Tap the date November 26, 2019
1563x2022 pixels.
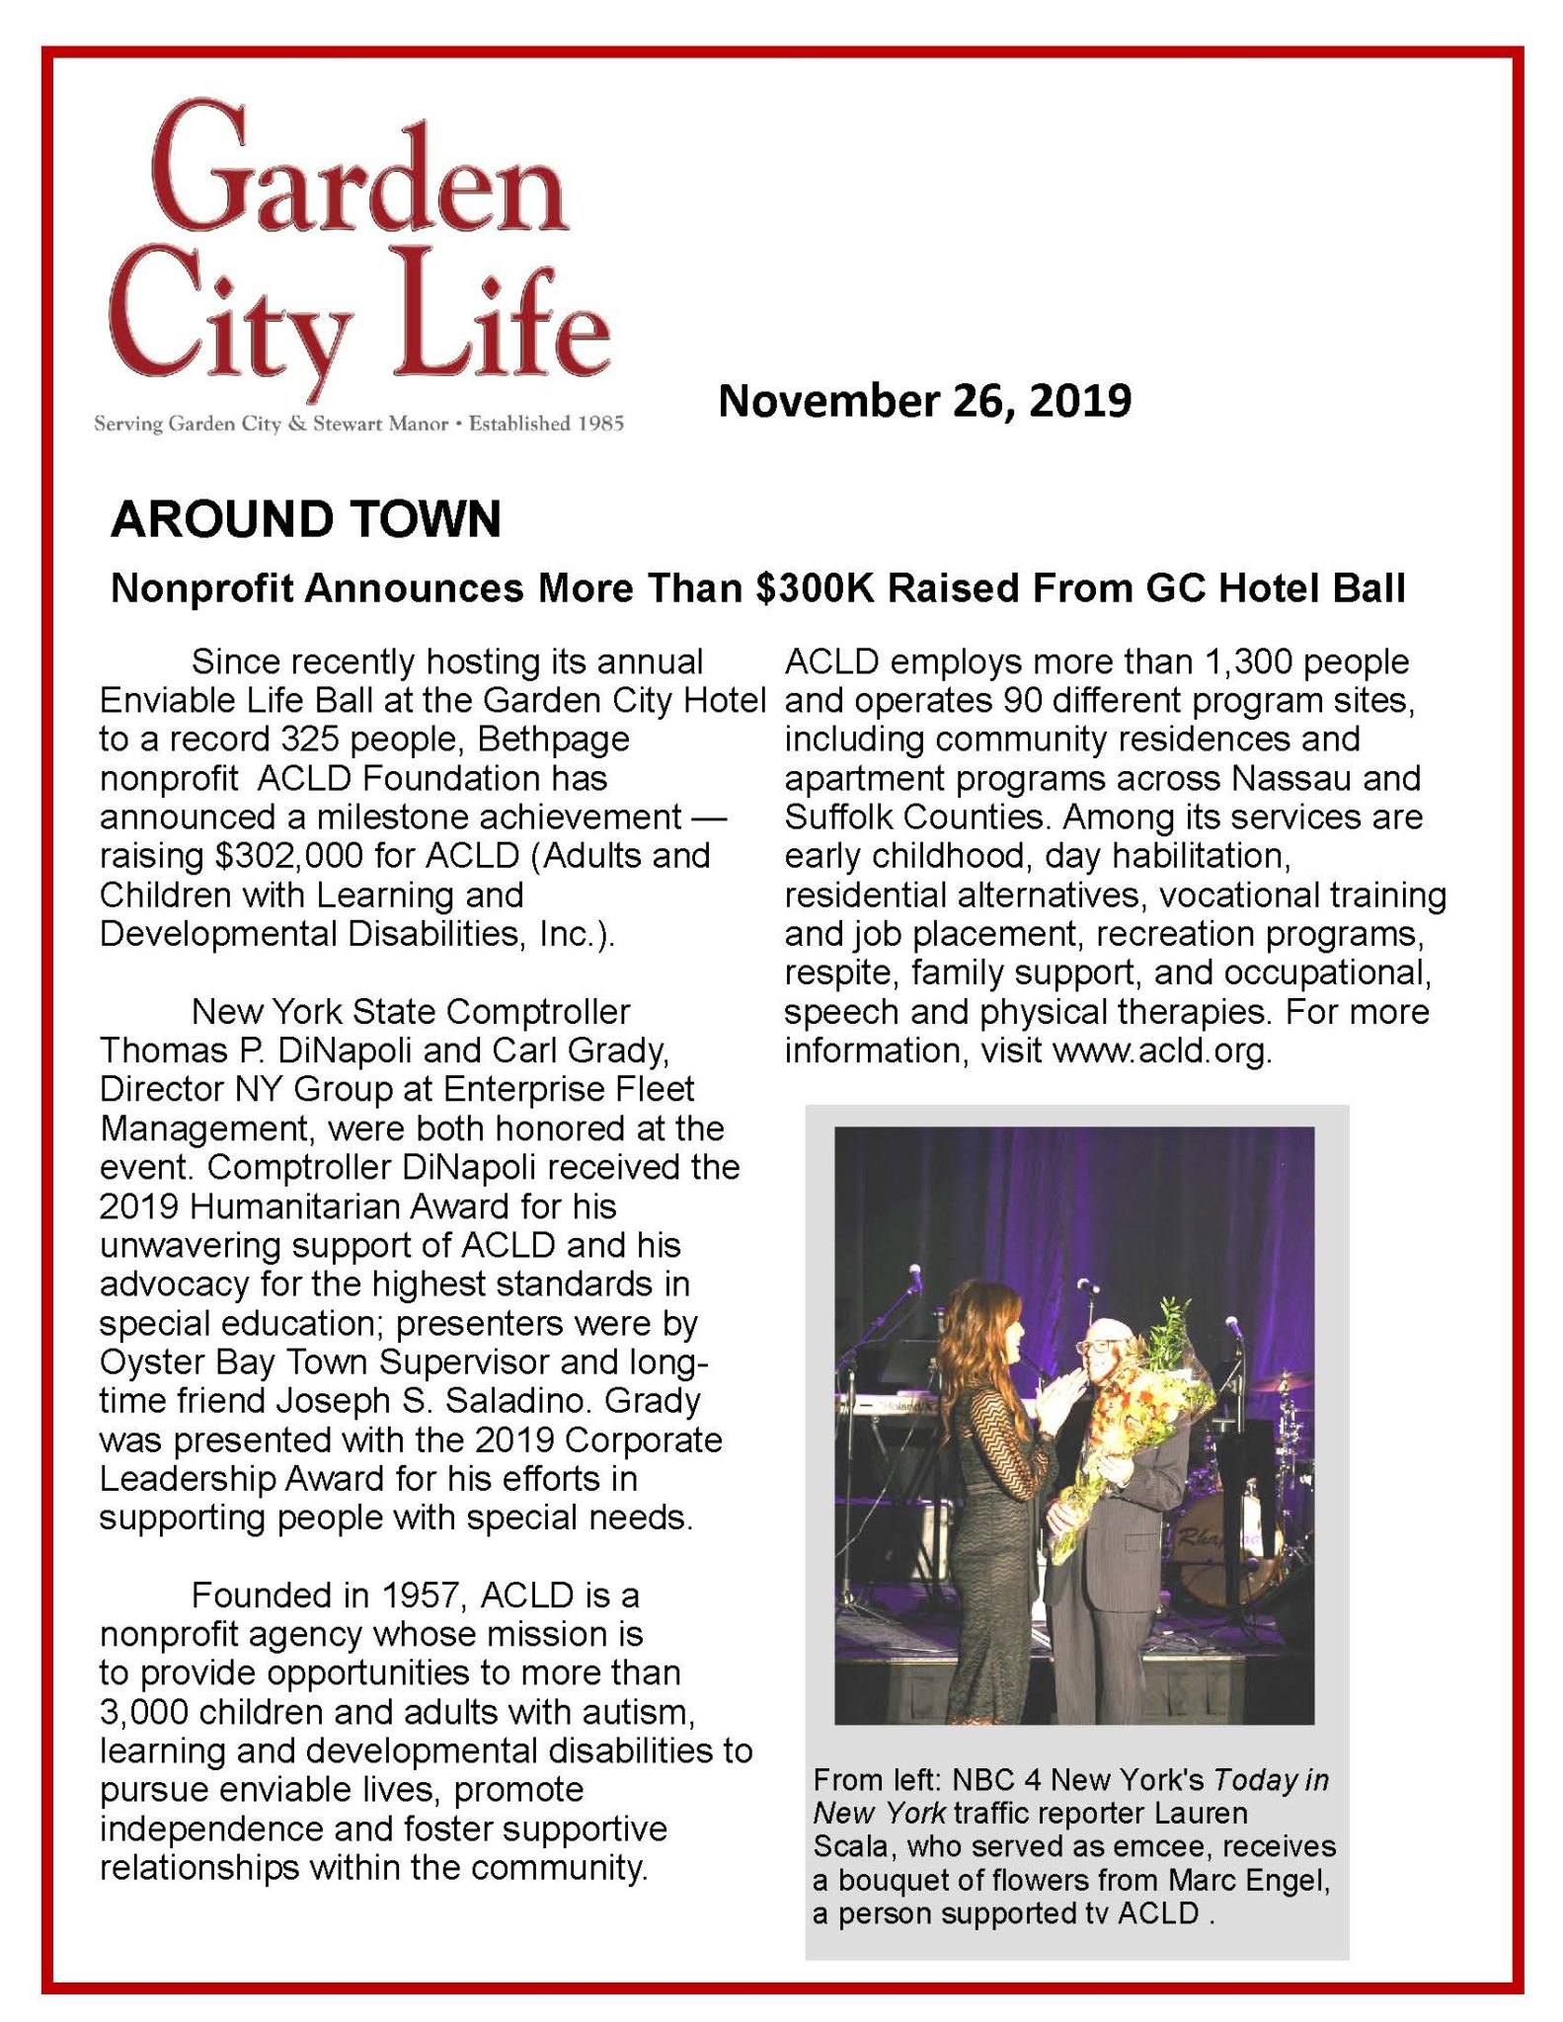pyautogui.click(x=924, y=402)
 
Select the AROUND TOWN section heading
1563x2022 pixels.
pyautogui.click(x=306, y=519)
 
